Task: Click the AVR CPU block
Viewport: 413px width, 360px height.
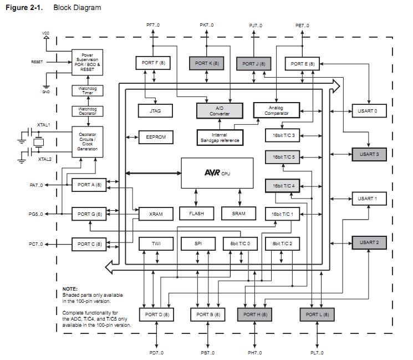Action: (217, 173)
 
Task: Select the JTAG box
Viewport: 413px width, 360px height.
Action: (155, 111)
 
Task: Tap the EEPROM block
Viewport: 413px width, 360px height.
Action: (155, 137)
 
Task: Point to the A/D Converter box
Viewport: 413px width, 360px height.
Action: (220, 111)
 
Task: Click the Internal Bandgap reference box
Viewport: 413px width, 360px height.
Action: (220, 138)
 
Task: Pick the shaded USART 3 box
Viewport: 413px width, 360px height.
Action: (368, 154)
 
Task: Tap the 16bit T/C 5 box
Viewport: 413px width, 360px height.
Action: (283, 157)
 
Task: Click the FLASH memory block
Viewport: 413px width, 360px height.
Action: (197, 214)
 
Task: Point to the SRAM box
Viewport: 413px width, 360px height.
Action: (238, 214)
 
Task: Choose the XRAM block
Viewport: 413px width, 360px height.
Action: (156, 214)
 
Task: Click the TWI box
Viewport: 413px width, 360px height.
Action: (156, 244)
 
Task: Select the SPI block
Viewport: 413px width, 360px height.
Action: (197, 244)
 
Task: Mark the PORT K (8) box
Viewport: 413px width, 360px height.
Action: (207, 63)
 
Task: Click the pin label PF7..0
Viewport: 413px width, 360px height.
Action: (153, 26)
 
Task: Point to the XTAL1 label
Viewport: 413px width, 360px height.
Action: (44, 126)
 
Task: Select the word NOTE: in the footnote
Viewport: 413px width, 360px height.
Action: (70, 288)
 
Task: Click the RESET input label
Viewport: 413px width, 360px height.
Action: (37, 62)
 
